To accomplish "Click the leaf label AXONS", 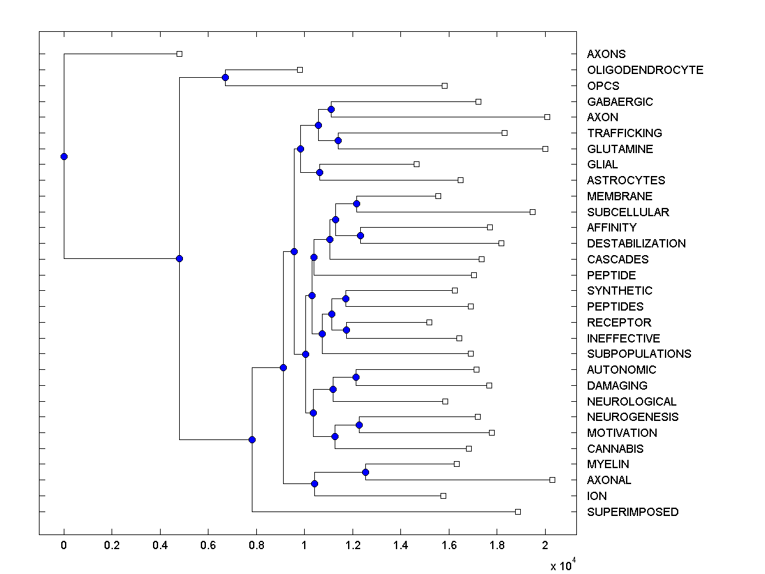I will [x=606, y=54].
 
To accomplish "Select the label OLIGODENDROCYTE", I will [x=645, y=70].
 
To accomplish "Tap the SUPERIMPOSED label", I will [x=633, y=512].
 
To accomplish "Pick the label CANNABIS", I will [x=615, y=449].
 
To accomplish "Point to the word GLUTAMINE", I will [x=620, y=149].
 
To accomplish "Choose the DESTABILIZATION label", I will [x=636, y=244].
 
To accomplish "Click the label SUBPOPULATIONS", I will [x=639, y=354].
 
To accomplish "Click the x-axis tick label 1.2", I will [x=353, y=545].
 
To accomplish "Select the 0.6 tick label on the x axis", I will [x=208, y=545].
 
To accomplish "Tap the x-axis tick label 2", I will [x=545, y=545].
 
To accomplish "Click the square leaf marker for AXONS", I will [x=179, y=54].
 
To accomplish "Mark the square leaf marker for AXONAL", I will [x=552, y=480].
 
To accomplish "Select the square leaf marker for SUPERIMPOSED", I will [x=518, y=511].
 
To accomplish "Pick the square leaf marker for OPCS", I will [x=445, y=85].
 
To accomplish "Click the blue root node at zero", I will [x=64, y=156].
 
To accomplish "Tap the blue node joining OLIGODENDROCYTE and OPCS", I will [x=225, y=77].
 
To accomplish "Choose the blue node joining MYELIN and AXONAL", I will [x=365, y=472].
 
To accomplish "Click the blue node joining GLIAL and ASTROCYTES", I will [x=319, y=172].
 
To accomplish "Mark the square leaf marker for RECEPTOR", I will [x=429, y=322].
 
